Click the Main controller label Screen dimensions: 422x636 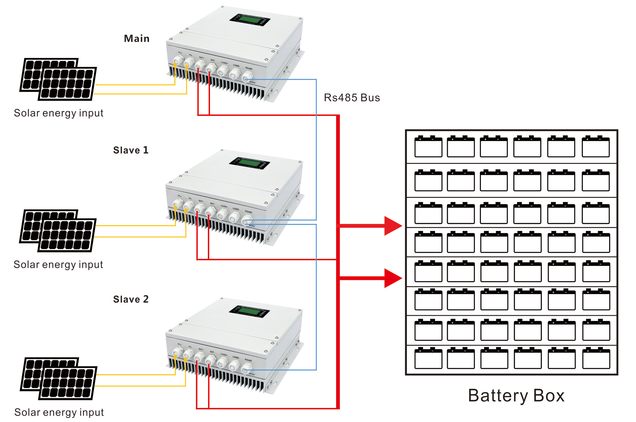pos(137,39)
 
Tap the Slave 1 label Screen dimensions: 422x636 pos(131,150)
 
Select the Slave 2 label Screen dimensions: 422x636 pos(131,299)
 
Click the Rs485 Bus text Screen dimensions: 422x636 pos(352,98)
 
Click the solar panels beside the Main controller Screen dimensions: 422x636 pos(58,79)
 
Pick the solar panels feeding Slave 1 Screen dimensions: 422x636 pos(58,230)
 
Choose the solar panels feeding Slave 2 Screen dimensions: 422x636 pos(59,378)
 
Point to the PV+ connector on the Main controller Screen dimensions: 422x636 pos(178,60)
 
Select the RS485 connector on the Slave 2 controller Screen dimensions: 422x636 pos(247,367)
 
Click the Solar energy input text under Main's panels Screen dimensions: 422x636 pos(58,113)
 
